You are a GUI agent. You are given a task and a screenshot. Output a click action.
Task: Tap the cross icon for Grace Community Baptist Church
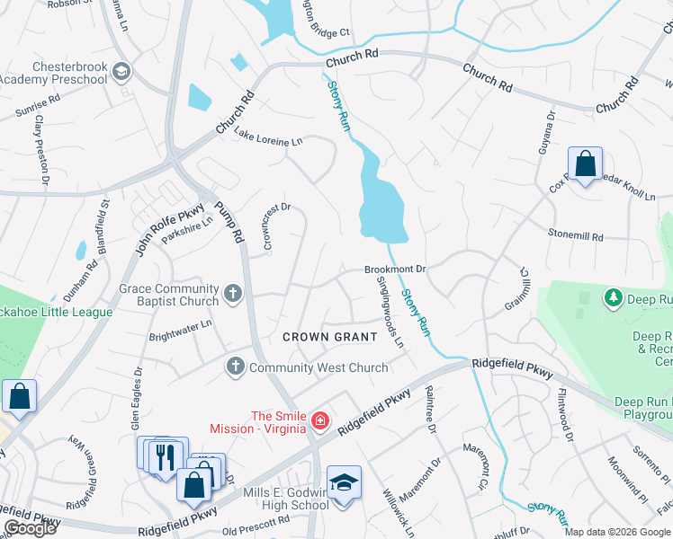pos(233,293)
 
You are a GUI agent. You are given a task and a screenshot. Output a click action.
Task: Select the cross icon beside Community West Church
pos(235,367)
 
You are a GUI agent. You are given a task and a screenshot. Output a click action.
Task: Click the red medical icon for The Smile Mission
pos(319,420)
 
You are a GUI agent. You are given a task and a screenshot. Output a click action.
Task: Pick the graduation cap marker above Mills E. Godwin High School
pos(343,482)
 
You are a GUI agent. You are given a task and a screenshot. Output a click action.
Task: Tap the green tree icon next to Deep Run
pos(615,297)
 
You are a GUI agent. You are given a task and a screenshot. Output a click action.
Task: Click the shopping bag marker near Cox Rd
pos(585,164)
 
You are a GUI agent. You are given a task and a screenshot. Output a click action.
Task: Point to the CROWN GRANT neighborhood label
pos(329,336)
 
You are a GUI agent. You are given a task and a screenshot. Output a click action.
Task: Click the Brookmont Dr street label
pos(394,269)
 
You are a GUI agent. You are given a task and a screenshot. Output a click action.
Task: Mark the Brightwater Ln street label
pos(181,329)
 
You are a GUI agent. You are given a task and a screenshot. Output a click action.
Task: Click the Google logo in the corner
pos(30,528)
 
